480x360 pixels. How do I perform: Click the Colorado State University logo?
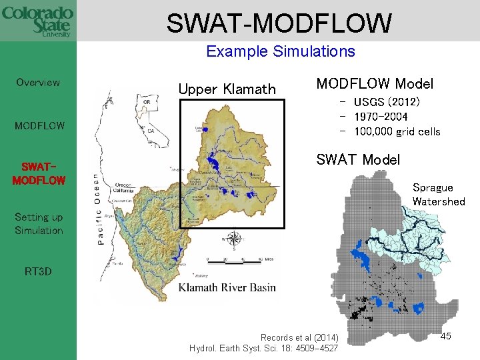pos(37,21)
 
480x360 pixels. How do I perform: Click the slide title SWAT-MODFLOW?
pos(279,23)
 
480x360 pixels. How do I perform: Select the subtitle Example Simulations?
pos(280,51)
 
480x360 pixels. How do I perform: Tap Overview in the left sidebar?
pos(38,83)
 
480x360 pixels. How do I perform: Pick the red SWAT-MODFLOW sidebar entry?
pos(39,173)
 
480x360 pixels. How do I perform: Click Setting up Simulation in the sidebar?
pos(39,223)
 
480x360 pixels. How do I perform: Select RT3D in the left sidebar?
pos(39,271)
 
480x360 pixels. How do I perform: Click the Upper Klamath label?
pos(227,89)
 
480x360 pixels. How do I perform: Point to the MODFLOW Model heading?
pos(375,84)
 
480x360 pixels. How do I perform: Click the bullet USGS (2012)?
pos(387,102)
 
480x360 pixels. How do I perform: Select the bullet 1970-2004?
pos(381,117)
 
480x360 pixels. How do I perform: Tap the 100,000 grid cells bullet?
pos(397,131)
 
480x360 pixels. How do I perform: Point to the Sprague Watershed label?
pos(438,195)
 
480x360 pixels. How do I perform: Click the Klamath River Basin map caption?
pos(227,288)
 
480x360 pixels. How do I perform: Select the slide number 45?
pos(445,336)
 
